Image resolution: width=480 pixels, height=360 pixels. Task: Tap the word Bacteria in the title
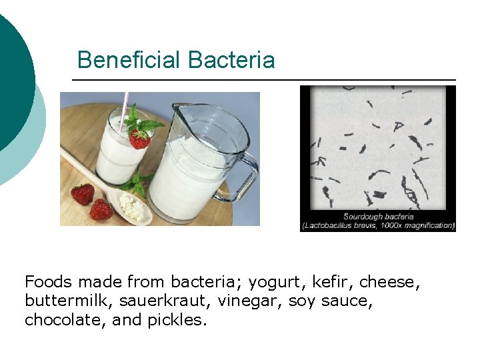pyautogui.click(x=231, y=60)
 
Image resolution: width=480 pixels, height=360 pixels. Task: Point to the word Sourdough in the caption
pyautogui.click(x=364, y=216)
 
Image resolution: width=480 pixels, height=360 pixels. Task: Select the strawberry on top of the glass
pyautogui.click(x=139, y=138)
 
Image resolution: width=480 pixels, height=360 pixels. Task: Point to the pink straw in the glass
pyautogui.click(x=125, y=110)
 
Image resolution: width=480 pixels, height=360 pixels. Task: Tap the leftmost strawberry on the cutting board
pyautogui.click(x=83, y=194)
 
